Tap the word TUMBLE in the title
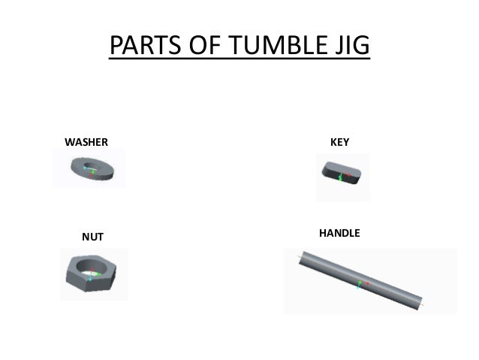[x=273, y=47]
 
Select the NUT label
[x=92, y=237]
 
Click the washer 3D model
[x=92, y=169]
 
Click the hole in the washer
[x=92, y=166]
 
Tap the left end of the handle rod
[x=300, y=259]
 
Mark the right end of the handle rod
[x=426, y=306]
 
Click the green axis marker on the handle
[x=359, y=284]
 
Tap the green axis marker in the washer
[x=91, y=170]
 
